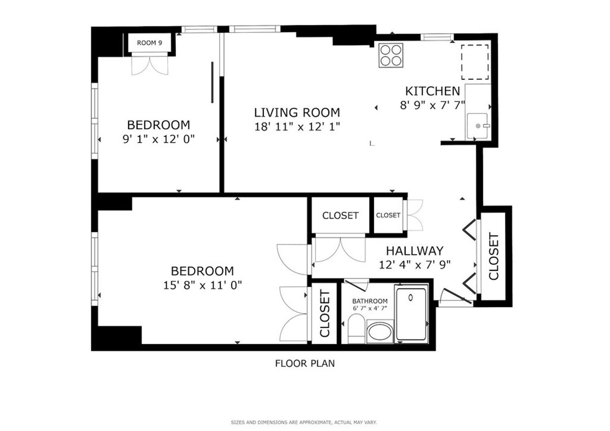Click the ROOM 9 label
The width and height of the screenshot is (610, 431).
click(149, 43)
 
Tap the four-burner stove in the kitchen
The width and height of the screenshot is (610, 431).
click(391, 55)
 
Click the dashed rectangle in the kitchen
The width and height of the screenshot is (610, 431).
click(475, 62)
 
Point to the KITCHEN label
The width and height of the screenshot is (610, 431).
click(432, 91)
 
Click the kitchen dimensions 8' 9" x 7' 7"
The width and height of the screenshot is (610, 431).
click(432, 107)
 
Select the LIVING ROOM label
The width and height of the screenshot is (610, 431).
click(297, 112)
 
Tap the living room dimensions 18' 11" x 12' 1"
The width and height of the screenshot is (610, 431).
click(297, 127)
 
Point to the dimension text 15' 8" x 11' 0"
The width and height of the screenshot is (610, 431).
click(202, 285)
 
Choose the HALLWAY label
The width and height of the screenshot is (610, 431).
click(414, 251)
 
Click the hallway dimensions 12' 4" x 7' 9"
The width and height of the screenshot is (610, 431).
click(415, 264)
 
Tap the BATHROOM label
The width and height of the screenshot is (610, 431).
click(370, 301)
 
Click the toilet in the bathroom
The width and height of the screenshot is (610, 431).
click(356, 328)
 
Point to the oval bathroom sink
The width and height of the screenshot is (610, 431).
click(379, 333)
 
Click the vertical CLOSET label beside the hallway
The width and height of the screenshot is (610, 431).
click(493, 257)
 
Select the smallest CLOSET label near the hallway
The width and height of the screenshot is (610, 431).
click(388, 216)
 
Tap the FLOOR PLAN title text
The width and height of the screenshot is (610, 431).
click(304, 363)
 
